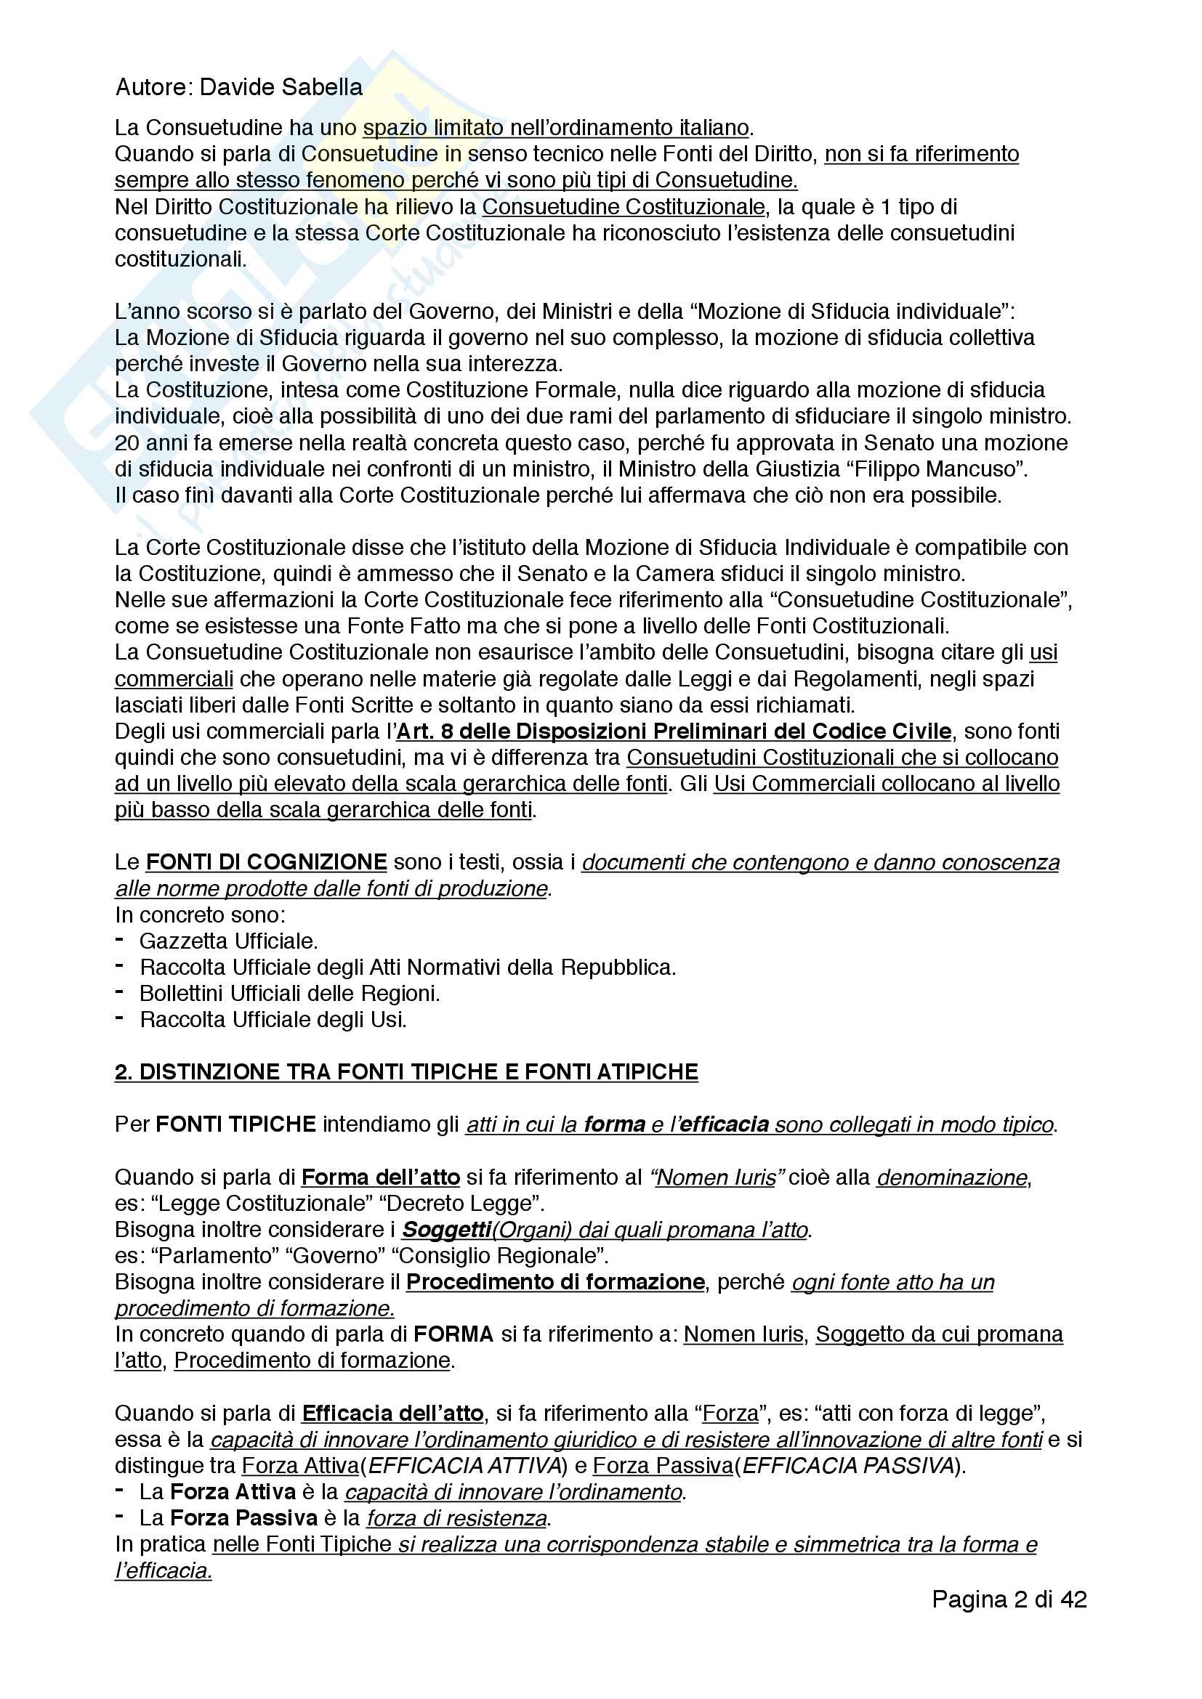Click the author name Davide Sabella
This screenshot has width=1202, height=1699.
281,87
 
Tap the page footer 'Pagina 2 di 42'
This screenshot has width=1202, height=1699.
1009,1599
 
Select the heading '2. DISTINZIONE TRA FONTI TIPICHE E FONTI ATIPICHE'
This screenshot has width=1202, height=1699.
406,1071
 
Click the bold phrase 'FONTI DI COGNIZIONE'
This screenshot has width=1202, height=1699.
266,862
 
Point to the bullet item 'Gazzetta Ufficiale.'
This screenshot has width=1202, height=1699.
228,941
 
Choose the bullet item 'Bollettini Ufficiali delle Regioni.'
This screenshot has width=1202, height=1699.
289,993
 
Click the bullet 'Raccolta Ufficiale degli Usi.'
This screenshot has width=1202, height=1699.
273,1019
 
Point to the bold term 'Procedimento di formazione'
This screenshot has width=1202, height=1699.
555,1281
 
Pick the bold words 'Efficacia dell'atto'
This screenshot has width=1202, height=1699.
392,1414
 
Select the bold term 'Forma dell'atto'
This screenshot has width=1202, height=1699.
380,1177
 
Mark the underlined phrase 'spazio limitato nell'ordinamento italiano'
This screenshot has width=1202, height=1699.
556,127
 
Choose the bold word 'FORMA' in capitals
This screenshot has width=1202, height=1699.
453,1334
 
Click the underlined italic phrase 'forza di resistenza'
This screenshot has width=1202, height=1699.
456,1518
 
